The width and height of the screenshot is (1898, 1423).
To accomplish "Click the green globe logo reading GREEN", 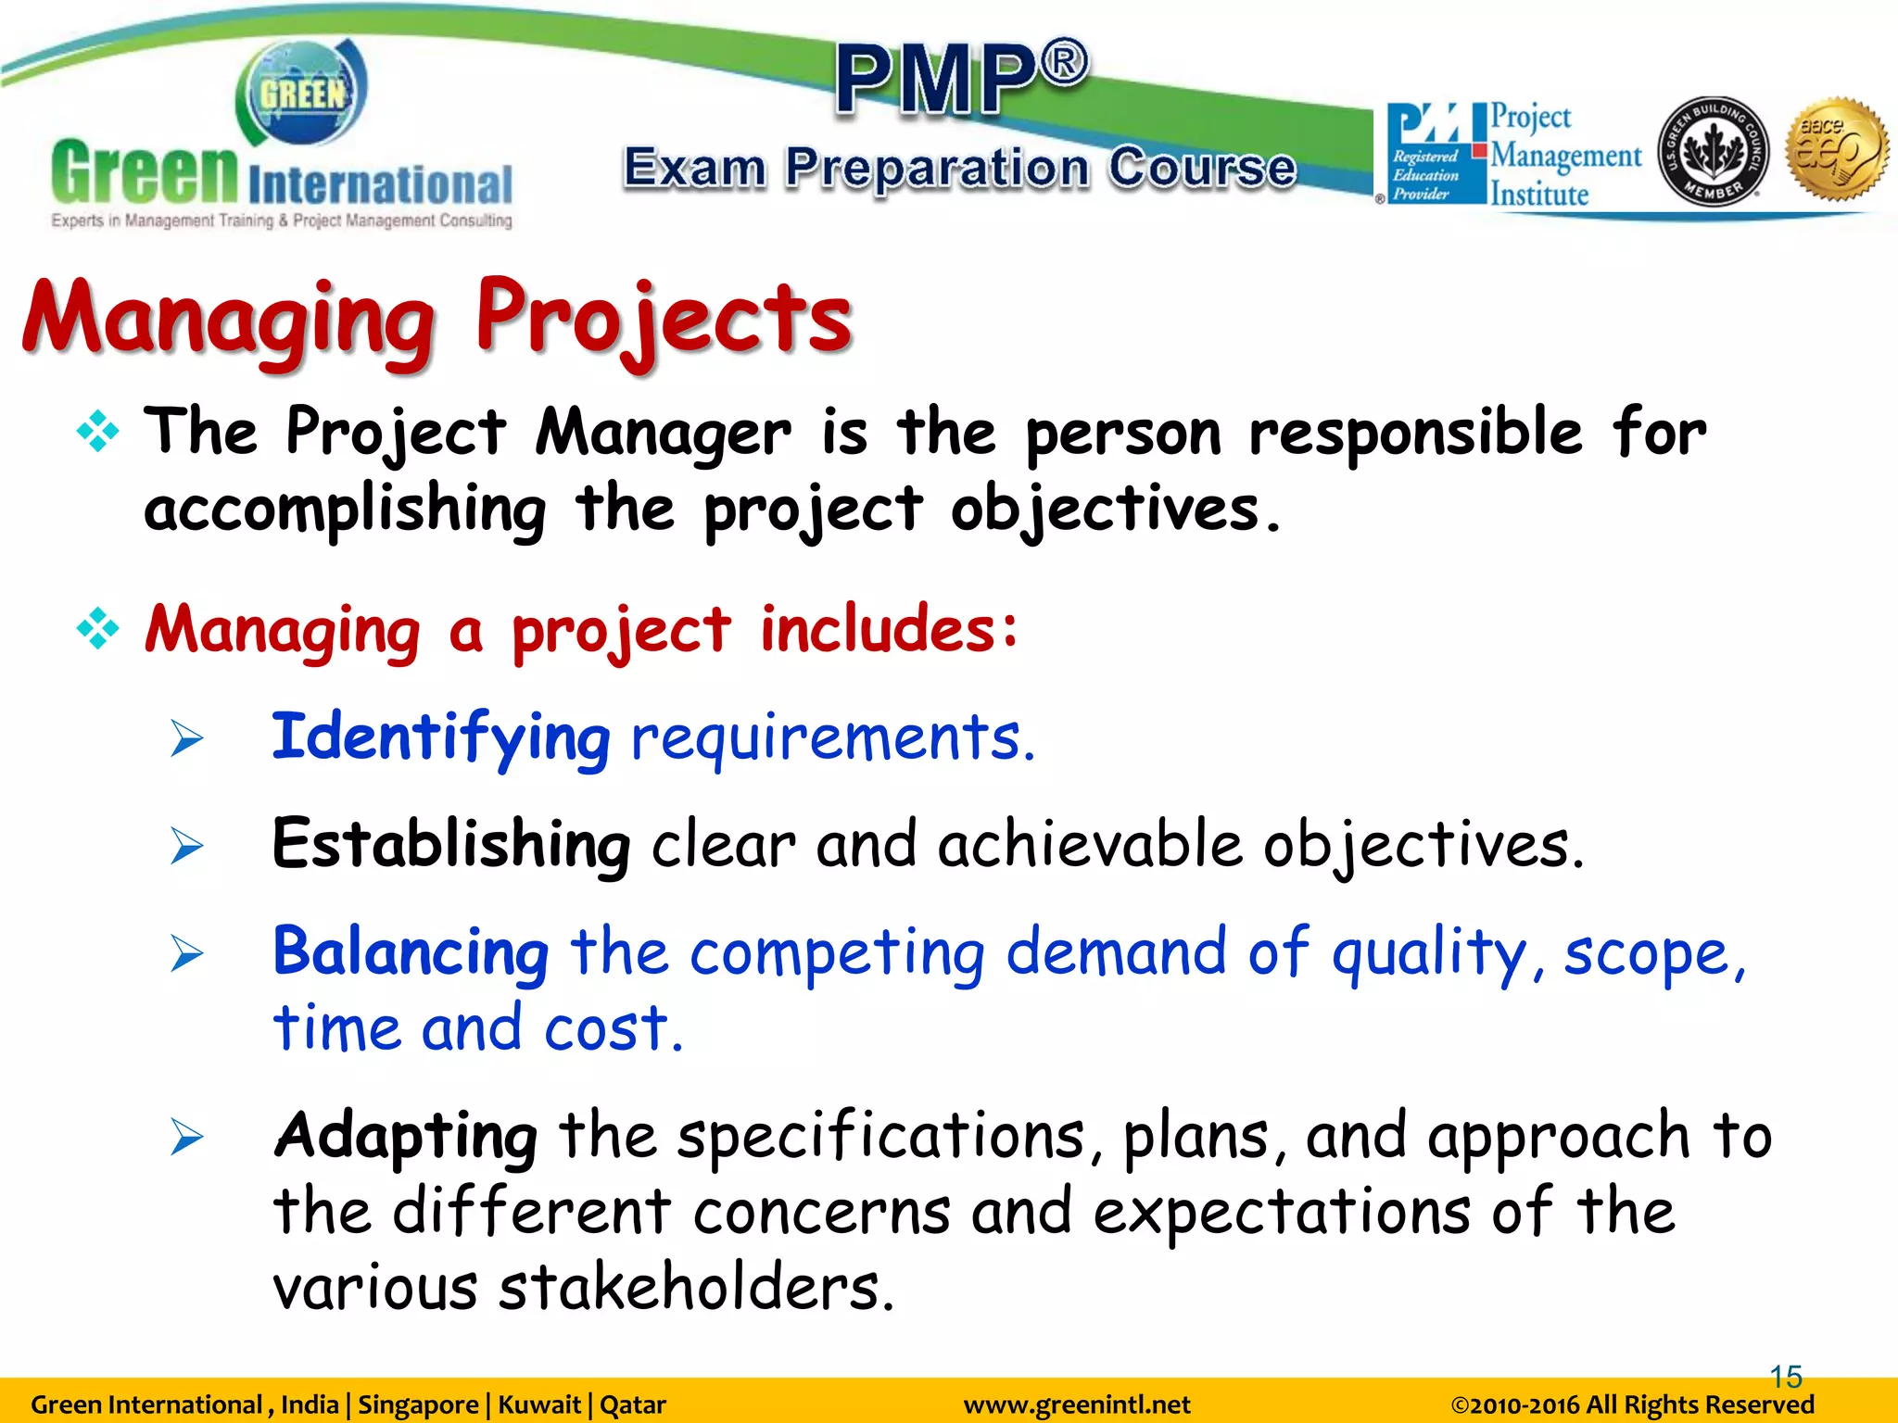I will (x=302, y=93).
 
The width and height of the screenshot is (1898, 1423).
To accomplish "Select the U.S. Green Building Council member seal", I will (x=1713, y=151).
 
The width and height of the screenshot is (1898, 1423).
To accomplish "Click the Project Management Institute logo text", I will (x=1564, y=156).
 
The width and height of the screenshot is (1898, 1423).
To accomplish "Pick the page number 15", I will (x=1785, y=1377).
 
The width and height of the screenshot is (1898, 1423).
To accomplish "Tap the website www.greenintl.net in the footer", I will (x=1076, y=1405).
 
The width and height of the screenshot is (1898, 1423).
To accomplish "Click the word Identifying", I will (x=440, y=738).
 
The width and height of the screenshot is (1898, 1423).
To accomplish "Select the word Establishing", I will (x=451, y=845).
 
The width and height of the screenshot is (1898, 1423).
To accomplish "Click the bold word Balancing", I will (x=411, y=952).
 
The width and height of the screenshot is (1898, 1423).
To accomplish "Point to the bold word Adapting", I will (x=405, y=1136).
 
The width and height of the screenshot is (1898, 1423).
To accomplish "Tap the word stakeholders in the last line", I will (x=696, y=1288).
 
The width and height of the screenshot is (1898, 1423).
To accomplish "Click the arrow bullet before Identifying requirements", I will (x=186, y=739).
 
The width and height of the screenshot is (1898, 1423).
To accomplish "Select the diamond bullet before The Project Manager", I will (x=97, y=432).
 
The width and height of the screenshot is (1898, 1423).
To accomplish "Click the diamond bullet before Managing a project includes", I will (x=97, y=630).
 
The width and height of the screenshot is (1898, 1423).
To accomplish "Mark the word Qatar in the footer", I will (x=633, y=1405).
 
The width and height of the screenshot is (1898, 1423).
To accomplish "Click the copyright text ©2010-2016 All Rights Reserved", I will (x=1631, y=1405).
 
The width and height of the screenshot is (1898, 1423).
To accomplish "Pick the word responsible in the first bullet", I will (x=1415, y=434).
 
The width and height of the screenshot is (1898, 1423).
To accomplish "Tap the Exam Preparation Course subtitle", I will (x=959, y=169).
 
